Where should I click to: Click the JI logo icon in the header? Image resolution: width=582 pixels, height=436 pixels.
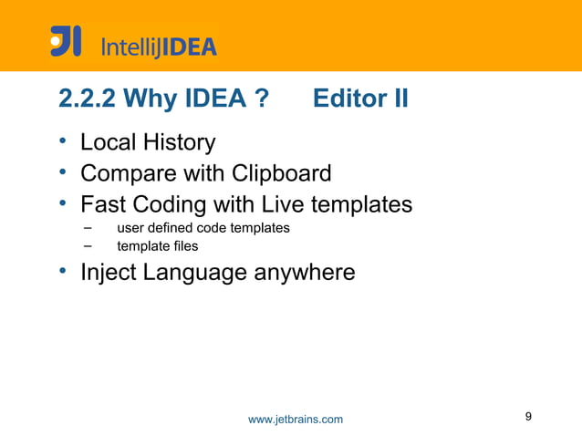tap(66, 42)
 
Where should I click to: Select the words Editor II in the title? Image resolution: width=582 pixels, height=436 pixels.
tap(359, 99)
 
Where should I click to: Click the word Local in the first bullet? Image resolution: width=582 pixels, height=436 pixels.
tap(104, 143)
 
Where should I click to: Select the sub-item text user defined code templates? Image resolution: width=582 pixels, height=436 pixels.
tap(203, 227)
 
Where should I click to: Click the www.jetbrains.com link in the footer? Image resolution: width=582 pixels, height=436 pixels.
tap(296, 419)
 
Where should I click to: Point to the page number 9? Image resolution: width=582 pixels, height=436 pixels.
tap(528, 417)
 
